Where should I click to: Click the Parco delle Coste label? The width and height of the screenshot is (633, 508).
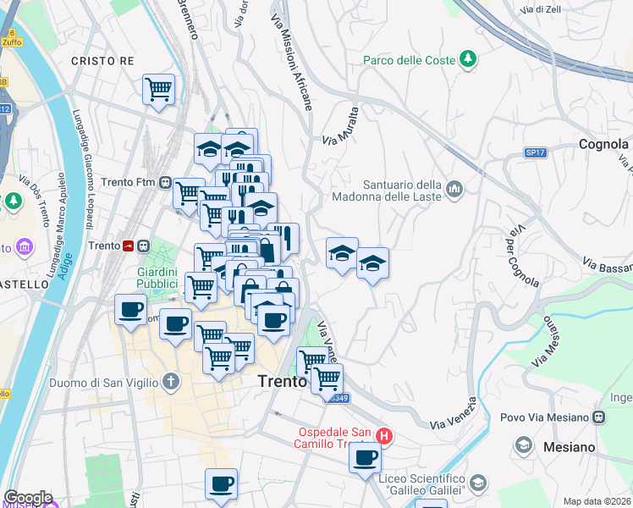(x=409, y=59)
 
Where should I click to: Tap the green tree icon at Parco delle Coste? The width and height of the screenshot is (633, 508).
(x=466, y=58)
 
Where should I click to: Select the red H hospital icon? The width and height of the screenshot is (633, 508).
(x=384, y=437)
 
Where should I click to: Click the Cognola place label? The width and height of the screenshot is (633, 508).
(x=603, y=144)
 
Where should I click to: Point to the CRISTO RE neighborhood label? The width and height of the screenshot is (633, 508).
(x=102, y=61)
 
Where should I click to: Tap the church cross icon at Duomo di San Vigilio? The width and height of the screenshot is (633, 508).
(x=171, y=381)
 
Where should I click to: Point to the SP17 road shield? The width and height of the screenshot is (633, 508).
(x=535, y=152)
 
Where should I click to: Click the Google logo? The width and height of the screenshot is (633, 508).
(x=28, y=498)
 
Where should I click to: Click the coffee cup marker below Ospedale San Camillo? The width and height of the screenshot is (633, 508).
(x=366, y=458)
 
